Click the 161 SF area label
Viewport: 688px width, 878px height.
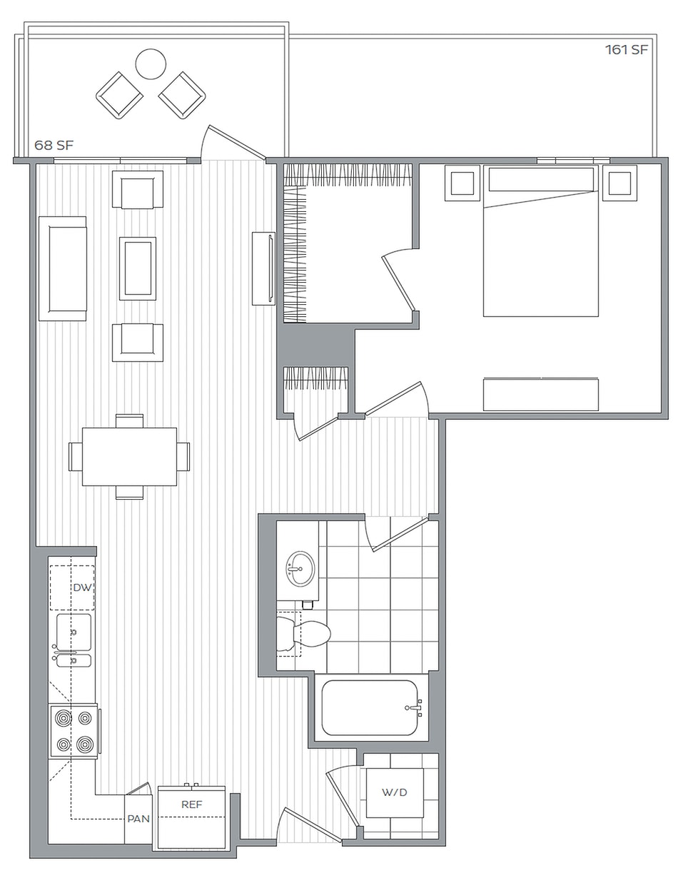pyautogui.click(x=626, y=50)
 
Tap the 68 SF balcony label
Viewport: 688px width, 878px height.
pyautogui.click(x=54, y=145)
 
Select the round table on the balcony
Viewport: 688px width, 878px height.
pyautogui.click(x=151, y=64)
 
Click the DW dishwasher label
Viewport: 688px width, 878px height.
pyautogui.click(x=82, y=587)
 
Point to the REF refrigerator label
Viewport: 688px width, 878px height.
pyautogui.click(x=191, y=804)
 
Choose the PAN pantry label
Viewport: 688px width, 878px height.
pyautogui.click(x=138, y=819)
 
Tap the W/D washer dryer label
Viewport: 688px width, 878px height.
pyautogui.click(x=394, y=792)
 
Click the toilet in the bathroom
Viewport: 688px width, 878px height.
pyautogui.click(x=303, y=633)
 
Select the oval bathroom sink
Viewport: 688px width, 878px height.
pyautogui.click(x=300, y=568)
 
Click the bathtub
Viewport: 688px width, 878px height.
pyautogui.click(x=370, y=708)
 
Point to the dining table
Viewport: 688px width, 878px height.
pyautogui.click(x=129, y=457)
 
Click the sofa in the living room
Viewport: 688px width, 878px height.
pyautogui.click(x=63, y=268)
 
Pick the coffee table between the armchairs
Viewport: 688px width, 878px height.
pyautogui.click(x=137, y=268)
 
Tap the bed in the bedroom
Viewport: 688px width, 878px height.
pyautogui.click(x=540, y=241)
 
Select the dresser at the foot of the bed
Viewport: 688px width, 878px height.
pyautogui.click(x=540, y=394)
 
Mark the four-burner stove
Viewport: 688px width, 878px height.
pyautogui.click(x=74, y=731)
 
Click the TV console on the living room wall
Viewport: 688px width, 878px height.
pyautogui.click(x=263, y=268)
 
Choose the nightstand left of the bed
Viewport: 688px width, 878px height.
pyautogui.click(x=462, y=183)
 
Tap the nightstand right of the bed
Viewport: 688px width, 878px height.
pyautogui.click(x=619, y=183)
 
